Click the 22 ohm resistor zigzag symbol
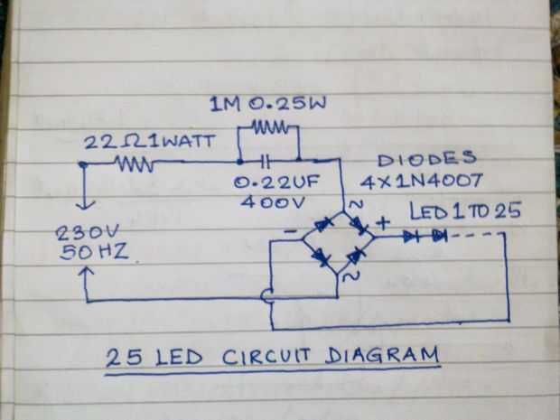135,164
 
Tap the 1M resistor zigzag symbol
270,126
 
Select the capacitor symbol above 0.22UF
266,162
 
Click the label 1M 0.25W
268,104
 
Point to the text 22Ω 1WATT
150,142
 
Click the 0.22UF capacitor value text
276,182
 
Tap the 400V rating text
273,202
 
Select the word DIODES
427,159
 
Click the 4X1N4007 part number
421,181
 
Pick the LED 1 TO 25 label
464,210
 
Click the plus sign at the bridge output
383,223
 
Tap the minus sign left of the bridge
291,231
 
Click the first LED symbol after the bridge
411,236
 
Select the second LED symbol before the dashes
440,236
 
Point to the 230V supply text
87,233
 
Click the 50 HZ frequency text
94,252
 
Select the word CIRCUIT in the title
266,356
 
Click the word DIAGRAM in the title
382,355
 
